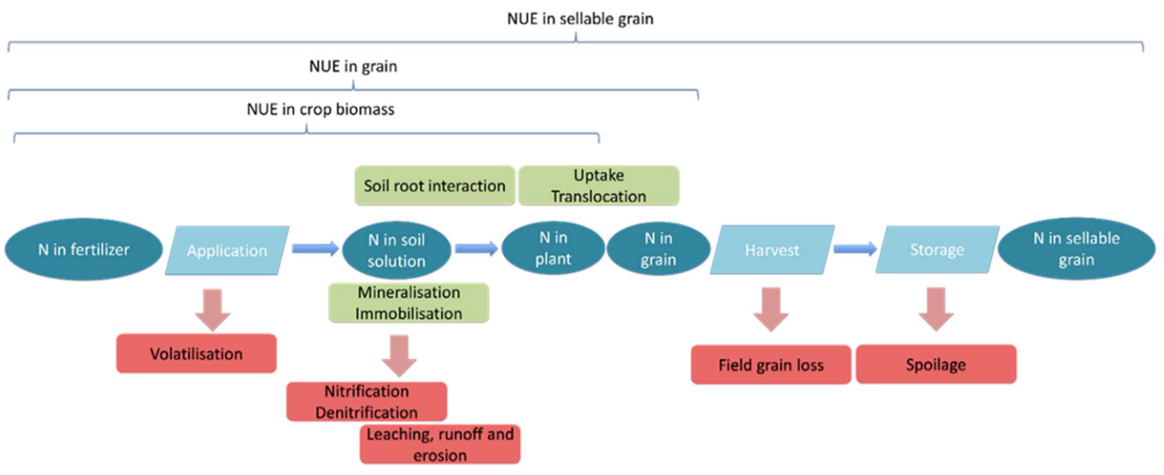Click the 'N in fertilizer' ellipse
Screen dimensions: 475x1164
tap(83, 249)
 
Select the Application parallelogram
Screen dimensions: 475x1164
tap(227, 250)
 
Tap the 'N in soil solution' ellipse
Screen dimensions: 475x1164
tap(396, 250)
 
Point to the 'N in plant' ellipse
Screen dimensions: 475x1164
tap(553, 249)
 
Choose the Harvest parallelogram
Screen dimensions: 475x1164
tap(772, 249)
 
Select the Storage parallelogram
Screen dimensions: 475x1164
tap(937, 249)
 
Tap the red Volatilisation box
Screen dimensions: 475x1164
tap(196, 353)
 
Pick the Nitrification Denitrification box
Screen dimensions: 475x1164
tap(366, 401)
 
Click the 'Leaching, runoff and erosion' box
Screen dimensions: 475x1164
tap(440, 444)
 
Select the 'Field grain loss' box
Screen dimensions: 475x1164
tap(771, 365)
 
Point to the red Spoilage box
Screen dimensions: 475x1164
tap(936, 364)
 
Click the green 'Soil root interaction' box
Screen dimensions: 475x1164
tap(434, 186)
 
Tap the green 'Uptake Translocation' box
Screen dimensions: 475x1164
tap(598, 186)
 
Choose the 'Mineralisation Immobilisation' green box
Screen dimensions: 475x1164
tap(409, 303)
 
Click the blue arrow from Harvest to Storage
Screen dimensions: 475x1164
tap(854, 249)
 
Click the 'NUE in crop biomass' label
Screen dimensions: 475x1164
tap(320, 109)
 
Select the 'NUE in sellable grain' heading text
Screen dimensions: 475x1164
tap(580, 19)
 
